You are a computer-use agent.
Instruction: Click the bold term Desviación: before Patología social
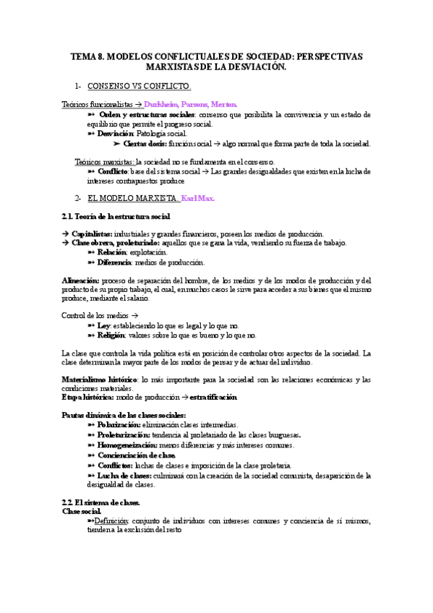pyautogui.click(x=116, y=134)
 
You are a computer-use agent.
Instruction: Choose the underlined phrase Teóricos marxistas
pyautogui.click(x=105, y=161)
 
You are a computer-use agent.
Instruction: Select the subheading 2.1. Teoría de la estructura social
pyautogui.click(x=117, y=216)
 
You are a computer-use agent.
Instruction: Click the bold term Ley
pyautogui.click(x=105, y=326)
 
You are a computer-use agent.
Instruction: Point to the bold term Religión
pyautogui.click(x=112, y=335)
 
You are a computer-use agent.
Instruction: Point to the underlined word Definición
pyautogui.click(x=109, y=521)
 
